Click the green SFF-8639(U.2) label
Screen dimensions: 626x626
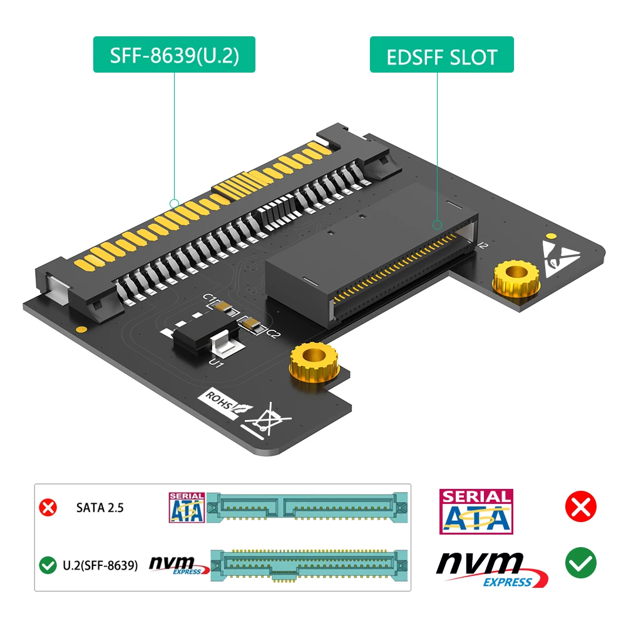pyautogui.click(x=174, y=55)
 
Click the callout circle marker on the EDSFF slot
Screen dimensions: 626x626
pyautogui.click(x=438, y=224)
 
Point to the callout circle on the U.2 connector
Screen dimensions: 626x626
pyautogui.click(x=174, y=203)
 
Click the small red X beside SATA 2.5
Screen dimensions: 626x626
pyautogui.click(x=48, y=507)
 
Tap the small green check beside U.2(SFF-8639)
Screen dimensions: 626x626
pyautogui.click(x=48, y=566)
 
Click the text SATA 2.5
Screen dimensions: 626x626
pyautogui.click(x=100, y=508)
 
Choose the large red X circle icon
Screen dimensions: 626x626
pyautogui.click(x=580, y=506)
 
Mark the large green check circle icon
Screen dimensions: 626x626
pyautogui.click(x=580, y=563)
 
